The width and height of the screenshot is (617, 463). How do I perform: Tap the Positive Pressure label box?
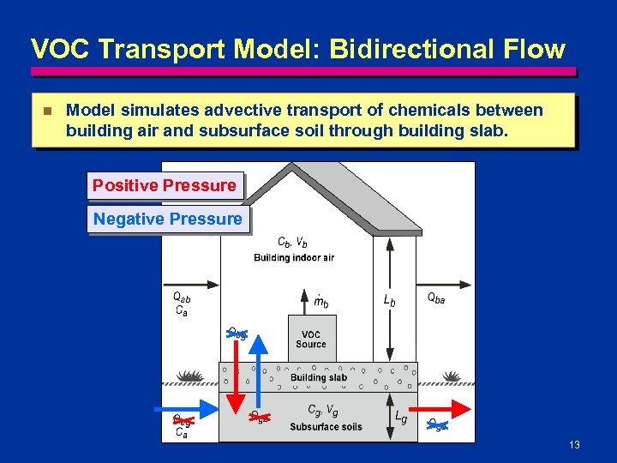point(165,185)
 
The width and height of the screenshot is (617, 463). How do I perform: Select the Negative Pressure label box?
point(168,219)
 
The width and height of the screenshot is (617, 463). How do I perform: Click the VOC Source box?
point(311,339)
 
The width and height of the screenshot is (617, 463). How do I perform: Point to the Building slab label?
point(319,377)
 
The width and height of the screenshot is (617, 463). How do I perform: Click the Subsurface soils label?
point(326,426)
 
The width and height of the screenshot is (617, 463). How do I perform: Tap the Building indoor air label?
point(294,257)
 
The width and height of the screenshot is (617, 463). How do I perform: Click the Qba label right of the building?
point(436,298)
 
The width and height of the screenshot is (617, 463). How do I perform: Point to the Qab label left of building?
point(182,298)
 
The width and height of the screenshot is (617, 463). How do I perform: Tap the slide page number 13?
point(574,445)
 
